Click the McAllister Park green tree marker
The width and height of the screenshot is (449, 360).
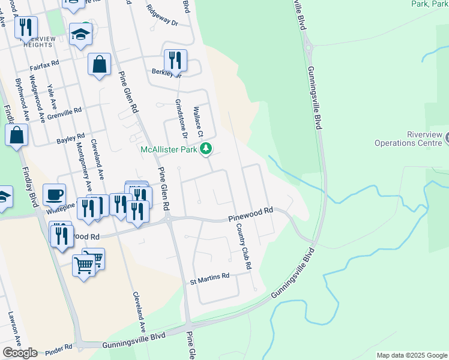(206, 149)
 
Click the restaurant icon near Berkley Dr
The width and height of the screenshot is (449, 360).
(175, 60)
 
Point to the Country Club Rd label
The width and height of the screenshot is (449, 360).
(243, 246)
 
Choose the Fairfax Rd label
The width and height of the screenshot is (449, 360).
(44, 62)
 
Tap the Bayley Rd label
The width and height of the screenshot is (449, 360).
(71, 139)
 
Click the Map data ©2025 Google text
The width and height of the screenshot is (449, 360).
(411, 355)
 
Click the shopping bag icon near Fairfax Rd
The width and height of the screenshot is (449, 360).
(99, 64)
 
